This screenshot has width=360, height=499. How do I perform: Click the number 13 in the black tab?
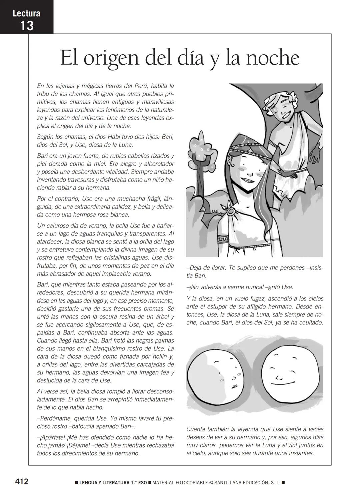point(27,25)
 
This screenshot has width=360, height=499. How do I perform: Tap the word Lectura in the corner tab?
point(27,13)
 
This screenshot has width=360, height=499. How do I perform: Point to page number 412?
point(22,481)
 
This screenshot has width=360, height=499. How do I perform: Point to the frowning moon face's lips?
point(234,386)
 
